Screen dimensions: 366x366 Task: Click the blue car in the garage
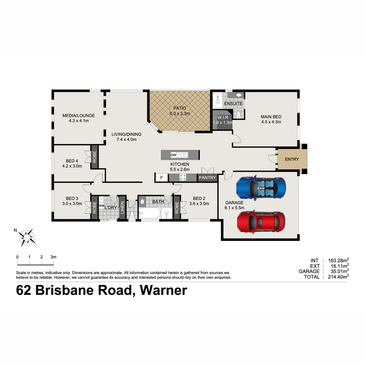pos(260,188)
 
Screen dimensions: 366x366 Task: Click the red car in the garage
pos(261,222)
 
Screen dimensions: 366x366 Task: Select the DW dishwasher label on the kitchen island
pos(173,155)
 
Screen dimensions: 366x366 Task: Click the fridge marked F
pos(161,178)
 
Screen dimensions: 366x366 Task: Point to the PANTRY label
pos(207,178)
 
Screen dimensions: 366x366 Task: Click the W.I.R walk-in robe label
pos(223,117)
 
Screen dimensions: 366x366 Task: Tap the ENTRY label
pos(292,159)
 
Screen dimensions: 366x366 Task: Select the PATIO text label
pos(180,108)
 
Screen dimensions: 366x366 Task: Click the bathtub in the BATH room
pos(149,213)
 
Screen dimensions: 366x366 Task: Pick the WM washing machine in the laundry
pos(101,206)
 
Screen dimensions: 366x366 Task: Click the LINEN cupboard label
pos(122,208)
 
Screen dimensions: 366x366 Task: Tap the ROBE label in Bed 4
pos(94,157)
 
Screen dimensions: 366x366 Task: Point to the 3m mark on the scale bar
pos(54,257)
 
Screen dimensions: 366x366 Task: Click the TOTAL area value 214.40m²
pos(338,277)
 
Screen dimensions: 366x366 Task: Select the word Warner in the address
pos(163,290)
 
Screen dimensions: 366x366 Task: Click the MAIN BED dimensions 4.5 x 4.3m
pos(271,122)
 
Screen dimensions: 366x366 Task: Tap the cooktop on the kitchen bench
pos(183,178)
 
